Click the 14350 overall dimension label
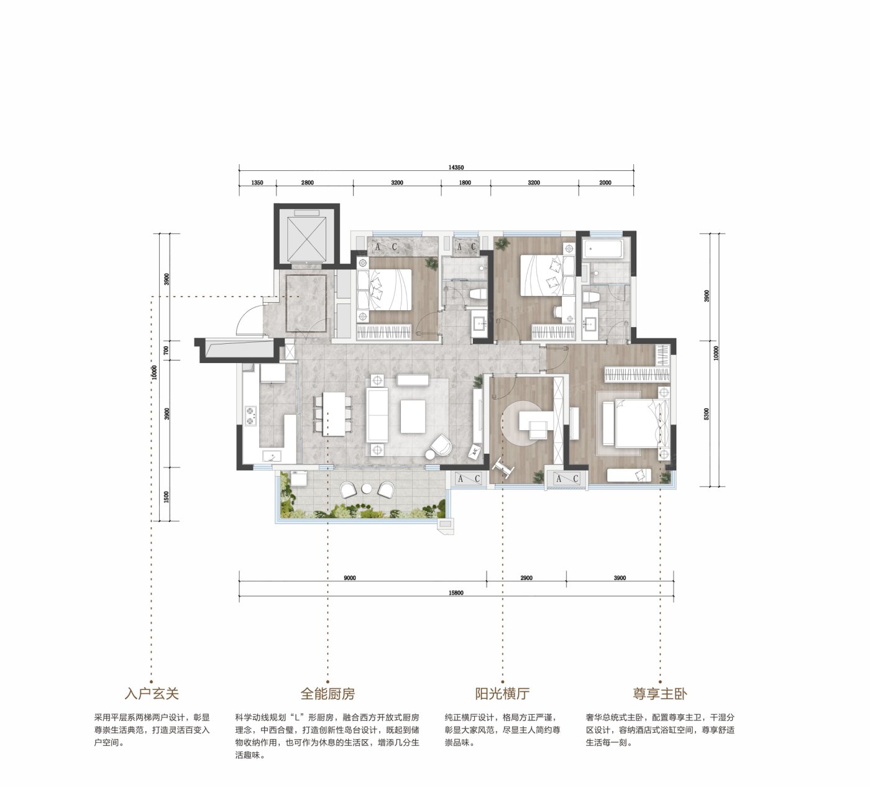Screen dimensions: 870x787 pos(456,167)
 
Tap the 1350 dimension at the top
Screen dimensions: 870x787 pos(257,183)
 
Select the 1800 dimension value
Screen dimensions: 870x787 pos(465,183)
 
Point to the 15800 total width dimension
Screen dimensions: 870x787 pos(456,592)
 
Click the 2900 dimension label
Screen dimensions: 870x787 pos(526,578)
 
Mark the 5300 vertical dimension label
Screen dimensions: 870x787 pos(707,414)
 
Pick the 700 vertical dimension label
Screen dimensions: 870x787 pos(167,350)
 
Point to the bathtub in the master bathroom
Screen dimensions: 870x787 pos(603,249)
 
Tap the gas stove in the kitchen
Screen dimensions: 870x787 pos(250,415)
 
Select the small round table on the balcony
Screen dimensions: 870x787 pos(367,489)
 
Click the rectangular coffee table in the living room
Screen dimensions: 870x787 pos(413,417)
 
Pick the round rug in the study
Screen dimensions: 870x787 pos(528,423)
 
